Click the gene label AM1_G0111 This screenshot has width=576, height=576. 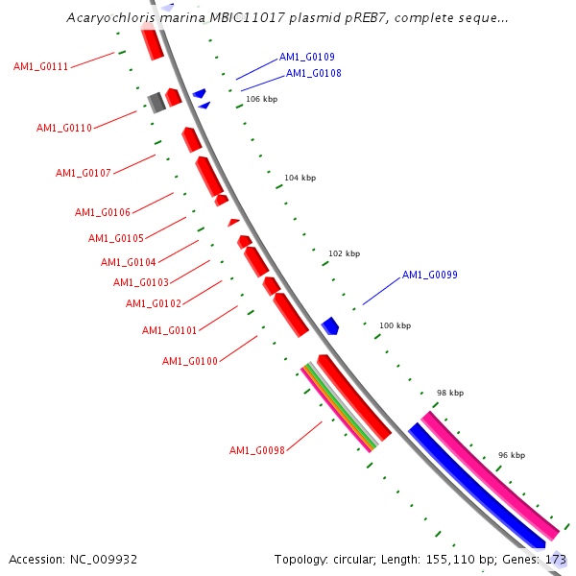(40, 67)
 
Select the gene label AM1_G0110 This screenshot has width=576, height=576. (63, 129)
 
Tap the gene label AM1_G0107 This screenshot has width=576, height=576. (83, 174)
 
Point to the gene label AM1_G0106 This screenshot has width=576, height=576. (102, 213)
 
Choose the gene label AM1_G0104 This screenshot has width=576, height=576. (128, 263)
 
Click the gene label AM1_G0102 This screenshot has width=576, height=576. (153, 304)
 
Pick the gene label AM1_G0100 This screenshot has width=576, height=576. (189, 362)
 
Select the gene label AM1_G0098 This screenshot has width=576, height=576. (256, 451)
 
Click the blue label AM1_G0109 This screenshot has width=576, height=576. (306, 58)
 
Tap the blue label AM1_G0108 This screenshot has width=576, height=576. (313, 74)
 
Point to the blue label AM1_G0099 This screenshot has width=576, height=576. (429, 276)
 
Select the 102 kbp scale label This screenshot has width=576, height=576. (344, 254)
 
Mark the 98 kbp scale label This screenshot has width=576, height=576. (449, 394)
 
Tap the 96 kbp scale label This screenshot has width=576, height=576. (511, 455)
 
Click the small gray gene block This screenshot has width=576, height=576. (156, 101)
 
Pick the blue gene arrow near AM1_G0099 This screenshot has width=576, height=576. (330, 325)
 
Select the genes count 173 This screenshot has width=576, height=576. (556, 559)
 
